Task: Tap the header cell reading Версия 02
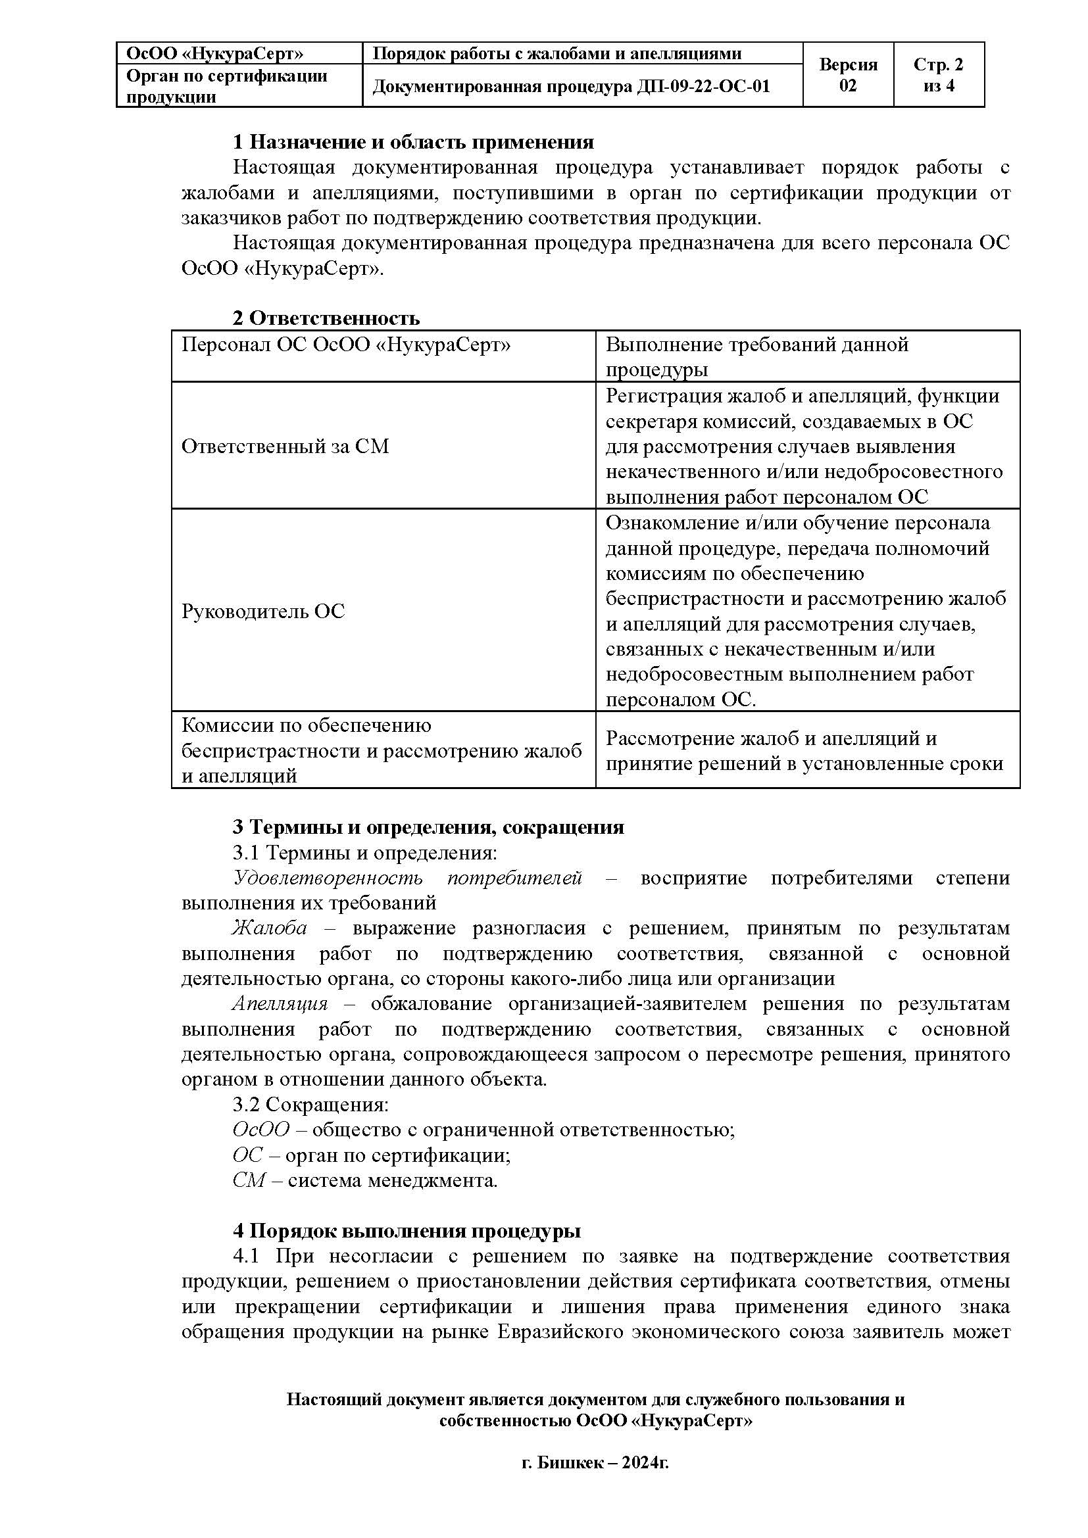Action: [x=847, y=75]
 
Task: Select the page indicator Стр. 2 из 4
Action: [x=938, y=75]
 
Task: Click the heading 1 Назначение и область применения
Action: [x=412, y=142]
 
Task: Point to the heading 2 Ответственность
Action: [x=326, y=318]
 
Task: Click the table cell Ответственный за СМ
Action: [x=285, y=446]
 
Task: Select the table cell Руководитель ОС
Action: [x=263, y=611]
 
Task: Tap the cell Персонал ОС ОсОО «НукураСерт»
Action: [x=346, y=345]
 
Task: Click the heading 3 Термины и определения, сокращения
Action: [x=428, y=827]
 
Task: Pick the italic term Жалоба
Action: [x=270, y=928]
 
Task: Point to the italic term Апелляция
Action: [x=280, y=1003]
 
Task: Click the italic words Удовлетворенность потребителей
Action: [x=407, y=878]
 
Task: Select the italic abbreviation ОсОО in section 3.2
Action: [x=260, y=1130]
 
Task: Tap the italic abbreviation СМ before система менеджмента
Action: [x=249, y=1180]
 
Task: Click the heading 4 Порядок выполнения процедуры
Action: [x=407, y=1230]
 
